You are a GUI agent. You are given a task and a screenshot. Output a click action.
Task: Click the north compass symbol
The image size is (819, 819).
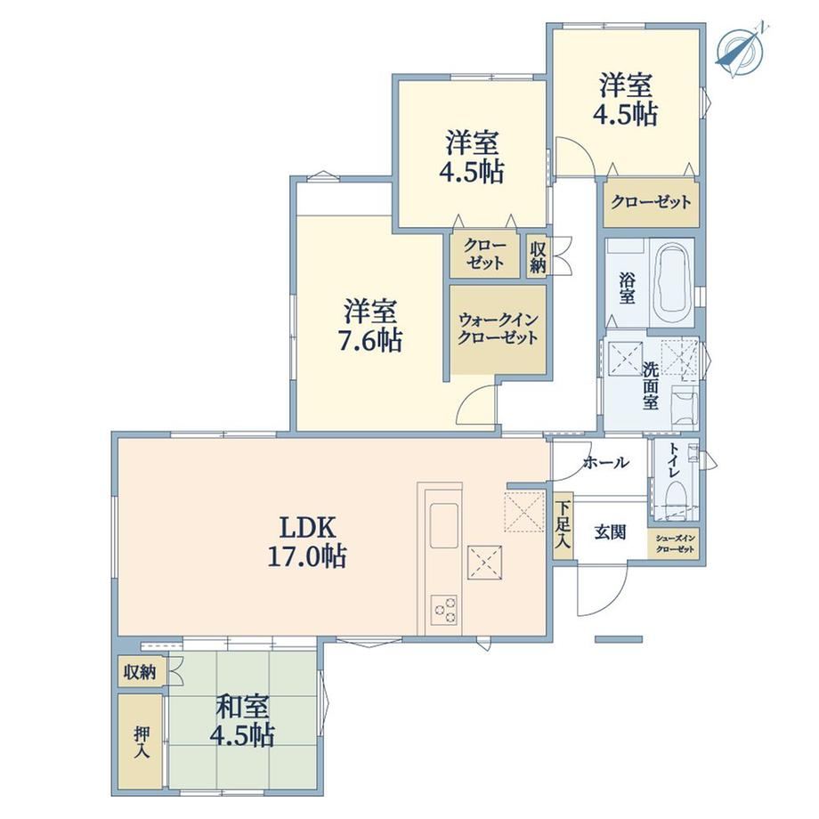740,50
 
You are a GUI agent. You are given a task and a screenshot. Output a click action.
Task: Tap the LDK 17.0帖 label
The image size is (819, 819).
307,541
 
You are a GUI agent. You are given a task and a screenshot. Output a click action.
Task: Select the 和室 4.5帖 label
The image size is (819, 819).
242,721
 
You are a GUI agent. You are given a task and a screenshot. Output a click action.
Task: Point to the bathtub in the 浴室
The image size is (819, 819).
672,282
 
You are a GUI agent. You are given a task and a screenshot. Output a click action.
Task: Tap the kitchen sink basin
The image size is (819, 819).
444,525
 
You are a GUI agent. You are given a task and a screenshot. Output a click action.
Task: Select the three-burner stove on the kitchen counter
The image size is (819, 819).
444,610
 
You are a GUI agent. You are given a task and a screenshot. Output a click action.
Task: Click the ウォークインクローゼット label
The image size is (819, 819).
498,328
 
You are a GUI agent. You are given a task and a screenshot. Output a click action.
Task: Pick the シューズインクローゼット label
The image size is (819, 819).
676,544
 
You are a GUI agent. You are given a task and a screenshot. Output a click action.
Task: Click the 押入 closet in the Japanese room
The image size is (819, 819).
140,742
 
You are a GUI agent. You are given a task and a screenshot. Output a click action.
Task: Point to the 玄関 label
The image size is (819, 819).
610,532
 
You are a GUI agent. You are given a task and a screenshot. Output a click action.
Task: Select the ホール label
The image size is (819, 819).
606,463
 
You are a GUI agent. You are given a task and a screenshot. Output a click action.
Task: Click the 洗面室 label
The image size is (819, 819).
650,386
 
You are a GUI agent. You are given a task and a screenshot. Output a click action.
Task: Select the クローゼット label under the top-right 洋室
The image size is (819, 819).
651,201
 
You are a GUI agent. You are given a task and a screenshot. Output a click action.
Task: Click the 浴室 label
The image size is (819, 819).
628,288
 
